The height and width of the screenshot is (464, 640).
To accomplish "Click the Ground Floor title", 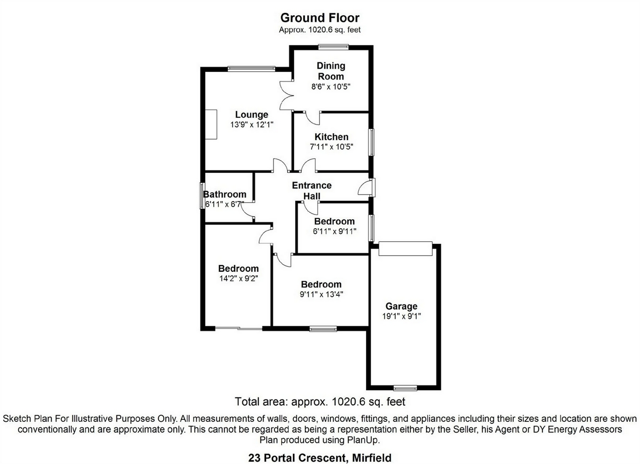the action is (320, 18).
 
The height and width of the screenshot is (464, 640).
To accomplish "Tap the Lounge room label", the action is (252, 115).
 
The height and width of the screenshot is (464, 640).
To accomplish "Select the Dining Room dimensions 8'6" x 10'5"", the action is (331, 87).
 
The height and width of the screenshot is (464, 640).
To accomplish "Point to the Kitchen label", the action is (331, 137).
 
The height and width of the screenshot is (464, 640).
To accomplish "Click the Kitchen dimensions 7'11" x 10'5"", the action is (331, 147).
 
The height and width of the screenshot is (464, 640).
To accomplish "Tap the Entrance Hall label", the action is (312, 191).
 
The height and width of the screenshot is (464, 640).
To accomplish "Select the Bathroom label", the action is (225, 194).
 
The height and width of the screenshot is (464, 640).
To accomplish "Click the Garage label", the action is (402, 306).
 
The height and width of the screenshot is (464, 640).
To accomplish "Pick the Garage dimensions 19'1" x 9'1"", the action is (402, 316).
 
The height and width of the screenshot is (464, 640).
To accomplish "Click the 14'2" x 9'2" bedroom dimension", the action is (239, 278).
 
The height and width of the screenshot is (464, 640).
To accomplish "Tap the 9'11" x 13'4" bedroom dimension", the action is (321, 294).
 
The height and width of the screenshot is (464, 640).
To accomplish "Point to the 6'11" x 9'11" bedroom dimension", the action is (335, 231).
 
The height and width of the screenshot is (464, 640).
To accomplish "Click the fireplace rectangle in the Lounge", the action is (211, 125).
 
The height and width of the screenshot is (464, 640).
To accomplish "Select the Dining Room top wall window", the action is (334, 47).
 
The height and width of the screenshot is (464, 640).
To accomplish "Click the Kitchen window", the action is (371, 142).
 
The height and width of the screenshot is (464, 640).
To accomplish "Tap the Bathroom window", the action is (202, 196).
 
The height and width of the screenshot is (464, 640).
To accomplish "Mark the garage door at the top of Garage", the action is (405, 249).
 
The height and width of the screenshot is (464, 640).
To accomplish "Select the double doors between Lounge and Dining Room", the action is (286, 96).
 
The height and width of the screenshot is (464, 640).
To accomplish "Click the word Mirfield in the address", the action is (372, 458).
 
